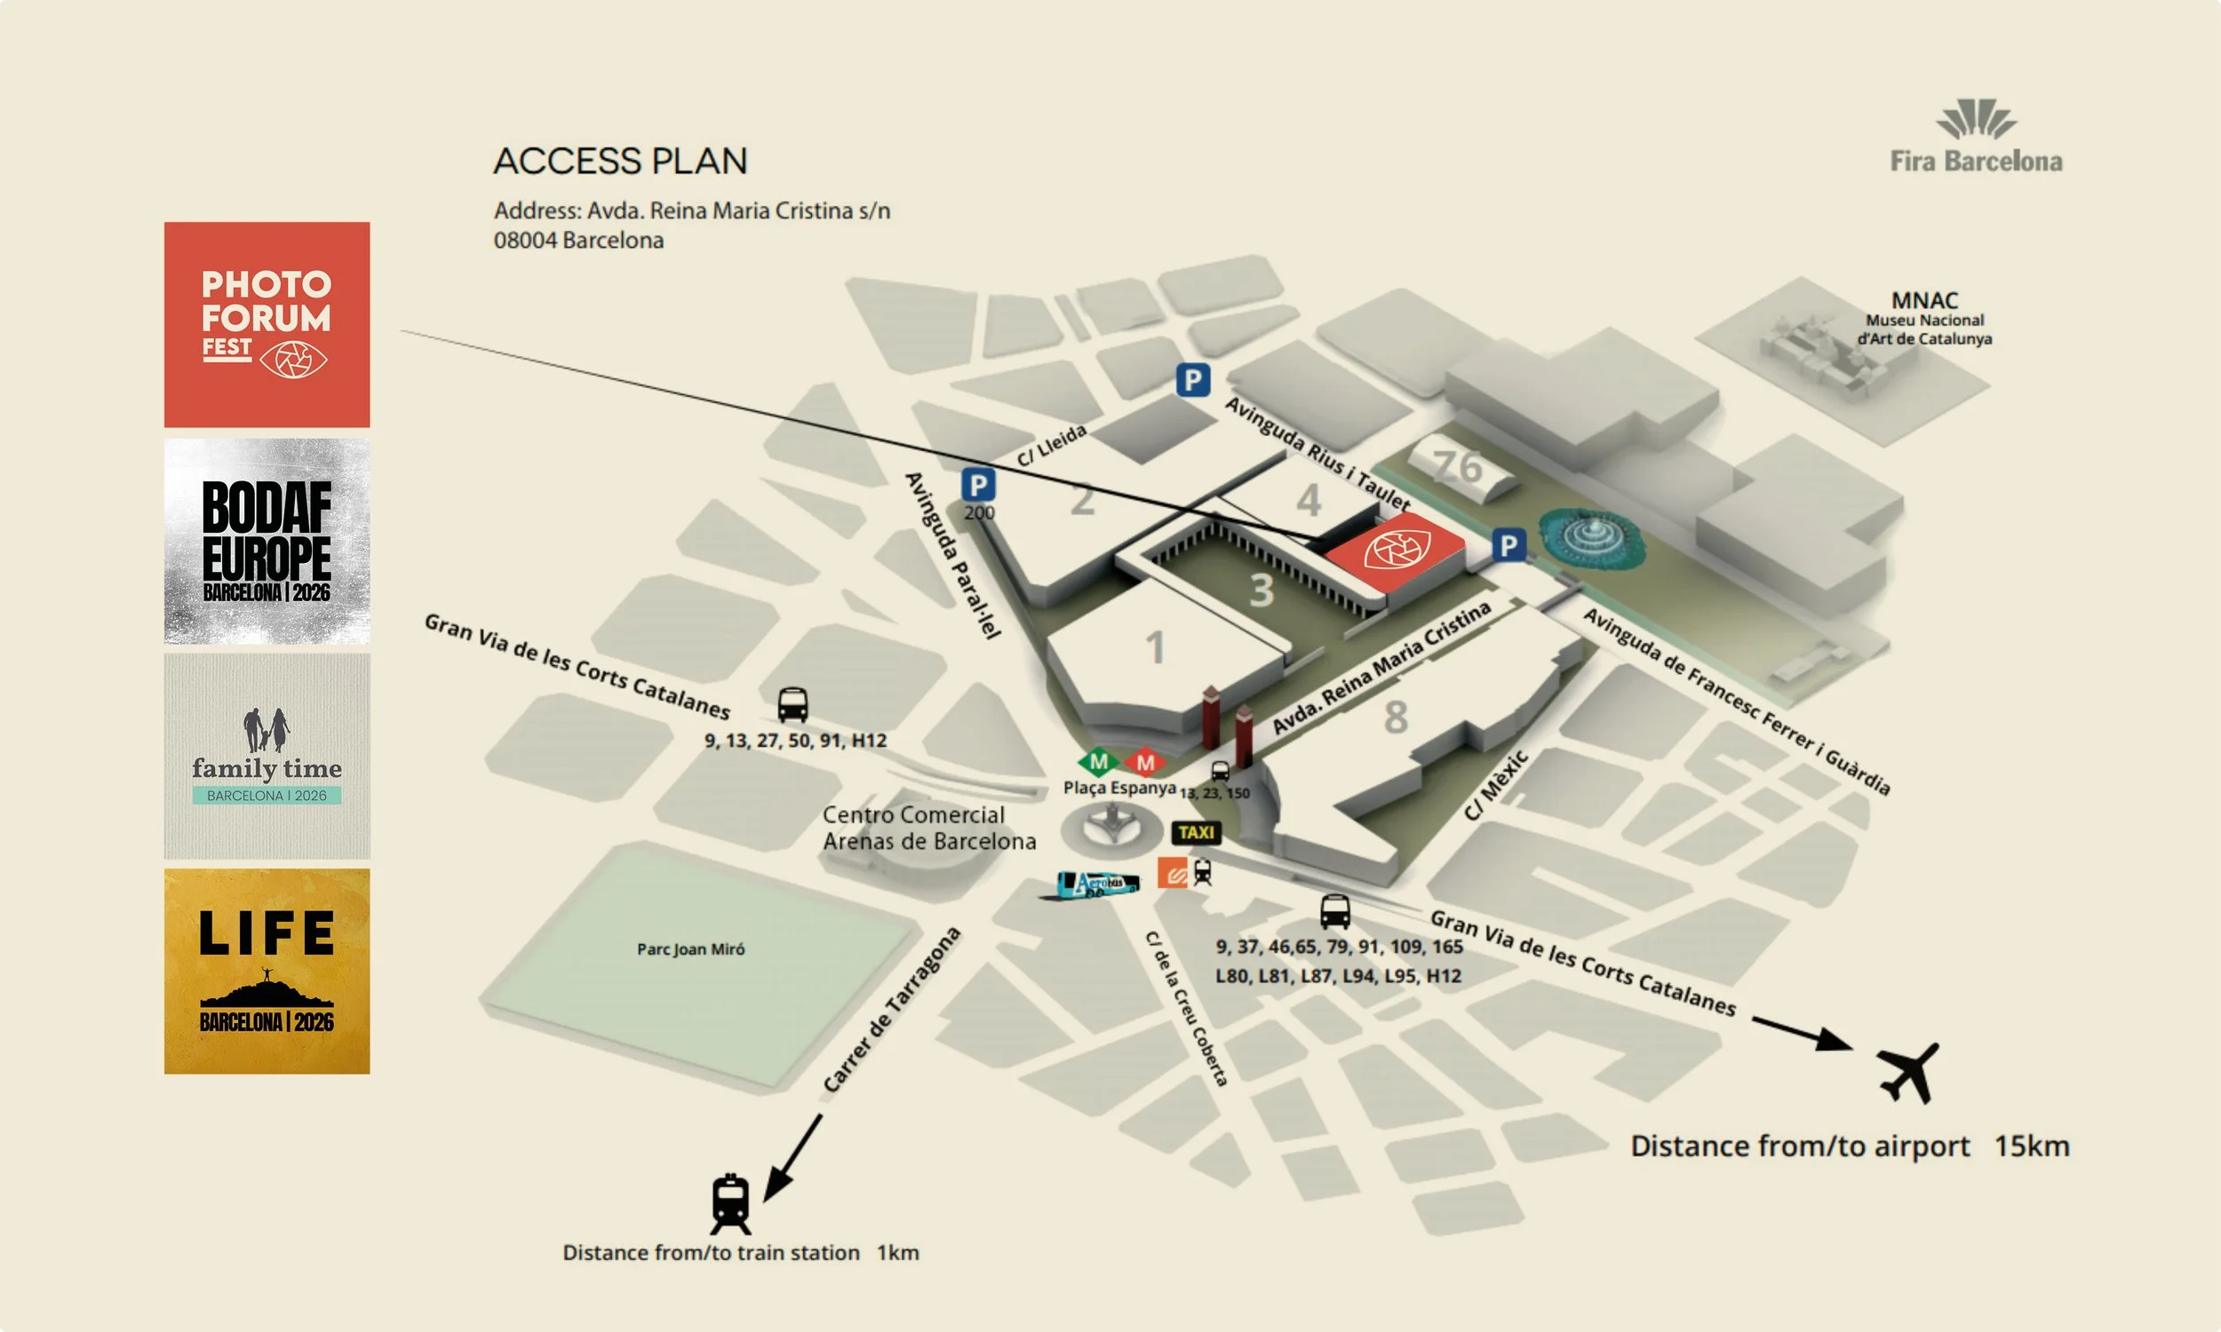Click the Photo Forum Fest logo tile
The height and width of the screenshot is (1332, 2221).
point(267,324)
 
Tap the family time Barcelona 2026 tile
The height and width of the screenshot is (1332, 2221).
point(267,756)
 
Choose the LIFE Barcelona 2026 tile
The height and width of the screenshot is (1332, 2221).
point(267,971)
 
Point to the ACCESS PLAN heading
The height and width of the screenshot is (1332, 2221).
point(620,162)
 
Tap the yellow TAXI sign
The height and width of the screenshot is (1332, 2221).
point(1196,833)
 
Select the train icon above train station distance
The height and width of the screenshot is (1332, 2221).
point(730,1203)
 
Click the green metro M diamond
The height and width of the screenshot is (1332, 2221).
point(1098,762)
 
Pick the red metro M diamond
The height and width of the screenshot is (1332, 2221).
point(1144,763)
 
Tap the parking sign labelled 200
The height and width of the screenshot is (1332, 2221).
point(977,486)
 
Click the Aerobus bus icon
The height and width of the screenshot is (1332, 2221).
point(1098,884)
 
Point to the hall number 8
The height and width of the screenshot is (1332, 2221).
point(1395,717)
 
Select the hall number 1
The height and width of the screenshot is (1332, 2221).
point(1156,647)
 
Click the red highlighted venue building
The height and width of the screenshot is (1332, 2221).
point(1394,551)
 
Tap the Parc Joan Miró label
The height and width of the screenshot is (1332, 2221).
point(690,948)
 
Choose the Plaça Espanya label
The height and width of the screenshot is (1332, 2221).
point(1118,787)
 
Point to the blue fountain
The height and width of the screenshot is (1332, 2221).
point(1593,535)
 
